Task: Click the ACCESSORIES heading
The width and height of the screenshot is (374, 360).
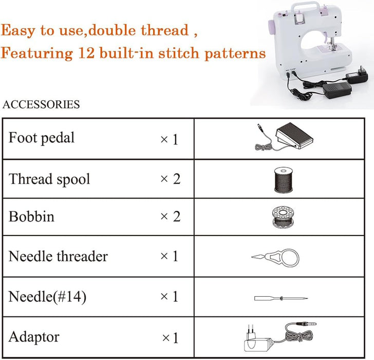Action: pyautogui.click(x=41, y=104)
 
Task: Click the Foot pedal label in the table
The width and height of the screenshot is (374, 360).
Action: pyautogui.click(x=42, y=138)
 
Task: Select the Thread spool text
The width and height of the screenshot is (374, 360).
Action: pyautogui.click(x=49, y=179)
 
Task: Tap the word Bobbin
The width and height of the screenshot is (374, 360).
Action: pyautogui.click(x=31, y=217)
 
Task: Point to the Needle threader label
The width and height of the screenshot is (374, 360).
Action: pyautogui.click(x=58, y=256)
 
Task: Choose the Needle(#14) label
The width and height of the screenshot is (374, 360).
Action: pyautogui.click(x=47, y=296)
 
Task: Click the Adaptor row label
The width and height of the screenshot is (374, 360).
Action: pyautogui.click(x=34, y=337)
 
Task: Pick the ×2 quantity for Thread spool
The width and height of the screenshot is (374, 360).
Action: pyautogui.click(x=171, y=179)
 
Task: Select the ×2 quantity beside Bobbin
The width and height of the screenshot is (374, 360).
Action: pyautogui.click(x=171, y=217)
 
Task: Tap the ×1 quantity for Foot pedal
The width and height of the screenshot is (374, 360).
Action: pyautogui.click(x=170, y=139)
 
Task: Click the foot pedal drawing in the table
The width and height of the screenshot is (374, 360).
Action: pyautogui.click(x=284, y=137)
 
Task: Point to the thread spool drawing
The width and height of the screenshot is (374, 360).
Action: pyautogui.click(x=284, y=180)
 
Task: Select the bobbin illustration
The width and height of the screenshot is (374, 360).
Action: pyautogui.click(x=283, y=217)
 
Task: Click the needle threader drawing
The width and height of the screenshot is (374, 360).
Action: pyautogui.click(x=275, y=258)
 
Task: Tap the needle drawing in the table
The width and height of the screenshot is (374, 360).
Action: pyautogui.click(x=281, y=298)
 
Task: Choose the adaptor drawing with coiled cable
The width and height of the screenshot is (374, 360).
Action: pyautogui.click(x=280, y=337)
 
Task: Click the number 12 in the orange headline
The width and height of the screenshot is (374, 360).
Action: pyautogui.click(x=85, y=52)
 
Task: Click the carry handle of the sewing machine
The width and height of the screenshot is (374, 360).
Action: pyautogui.click(x=305, y=7)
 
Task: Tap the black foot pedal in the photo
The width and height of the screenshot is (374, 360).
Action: pyautogui.click(x=337, y=91)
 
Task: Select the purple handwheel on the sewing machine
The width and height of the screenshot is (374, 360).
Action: pyautogui.click(x=271, y=28)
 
